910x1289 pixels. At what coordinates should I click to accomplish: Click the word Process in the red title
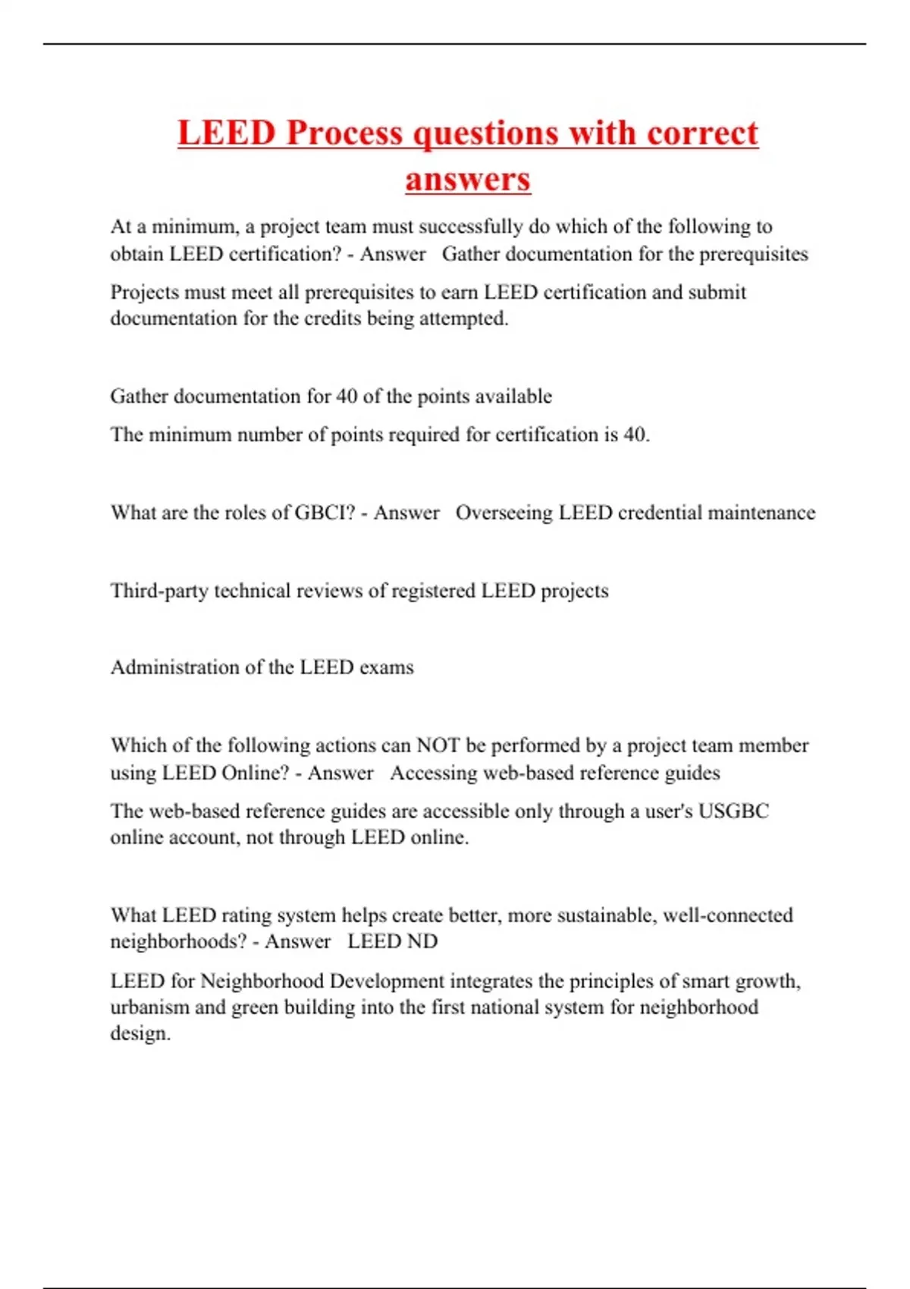coord(345,133)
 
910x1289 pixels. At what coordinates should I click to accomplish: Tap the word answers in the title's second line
coord(468,180)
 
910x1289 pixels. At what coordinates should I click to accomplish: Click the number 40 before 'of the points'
coord(347,396)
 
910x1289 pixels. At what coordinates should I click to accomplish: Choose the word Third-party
coord(159,591)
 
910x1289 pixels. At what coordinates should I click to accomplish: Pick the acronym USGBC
coord(733,811)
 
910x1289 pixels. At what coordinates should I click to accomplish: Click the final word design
coord(140,1033)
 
